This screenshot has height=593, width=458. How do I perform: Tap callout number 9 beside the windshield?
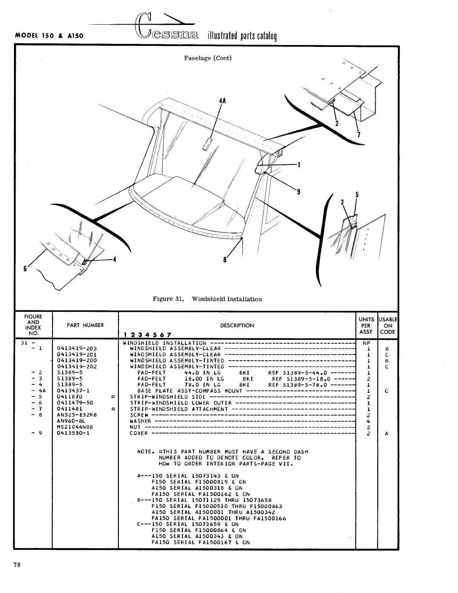point(299,192)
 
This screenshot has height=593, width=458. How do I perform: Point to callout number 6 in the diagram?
point(25,268)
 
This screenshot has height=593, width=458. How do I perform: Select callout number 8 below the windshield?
point(226,260)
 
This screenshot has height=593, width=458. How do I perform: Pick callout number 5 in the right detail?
point(357,195)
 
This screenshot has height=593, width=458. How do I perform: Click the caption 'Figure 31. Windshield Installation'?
point(207,299)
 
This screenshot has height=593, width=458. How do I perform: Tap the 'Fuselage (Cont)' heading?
point(207,58)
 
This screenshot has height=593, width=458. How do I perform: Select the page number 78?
point(17,565)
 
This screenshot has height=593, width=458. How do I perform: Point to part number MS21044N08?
point(74,427)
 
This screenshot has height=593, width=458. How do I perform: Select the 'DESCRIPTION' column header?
point(237,325)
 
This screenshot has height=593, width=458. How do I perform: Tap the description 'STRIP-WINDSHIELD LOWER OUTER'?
point(181,403)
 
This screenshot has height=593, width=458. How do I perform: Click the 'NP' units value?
point(366,343)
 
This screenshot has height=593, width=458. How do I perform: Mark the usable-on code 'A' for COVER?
point(386,434)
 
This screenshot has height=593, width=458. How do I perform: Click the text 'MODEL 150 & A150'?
point(49,36)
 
